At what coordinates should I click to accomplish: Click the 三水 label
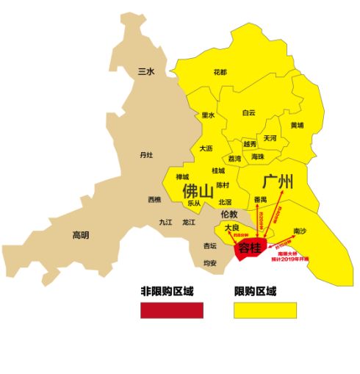[x=147, y=71]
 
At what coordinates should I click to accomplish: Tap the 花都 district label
[x=220, y=72]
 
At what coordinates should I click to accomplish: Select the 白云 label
[x=249, y=112]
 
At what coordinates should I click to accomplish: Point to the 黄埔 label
[x=297, y=125]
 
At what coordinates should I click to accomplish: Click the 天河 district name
[x=270, y=138]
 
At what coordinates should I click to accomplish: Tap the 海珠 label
[x=258, y=157]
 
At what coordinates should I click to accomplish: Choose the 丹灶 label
[x=146, y=155]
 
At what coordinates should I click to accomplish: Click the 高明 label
[x=80, y=235]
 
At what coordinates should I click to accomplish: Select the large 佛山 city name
[x=199, y=190]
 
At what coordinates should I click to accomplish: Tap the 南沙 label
[x=300, y=230]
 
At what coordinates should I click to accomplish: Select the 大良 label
[x=232, y=229]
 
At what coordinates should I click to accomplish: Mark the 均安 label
[x=210, y=262]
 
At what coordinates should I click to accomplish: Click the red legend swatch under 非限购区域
[x=171, y=310]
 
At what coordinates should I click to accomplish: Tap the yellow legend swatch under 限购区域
[x=265, y=310]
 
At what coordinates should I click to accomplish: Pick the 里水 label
[x=209, y=115]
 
